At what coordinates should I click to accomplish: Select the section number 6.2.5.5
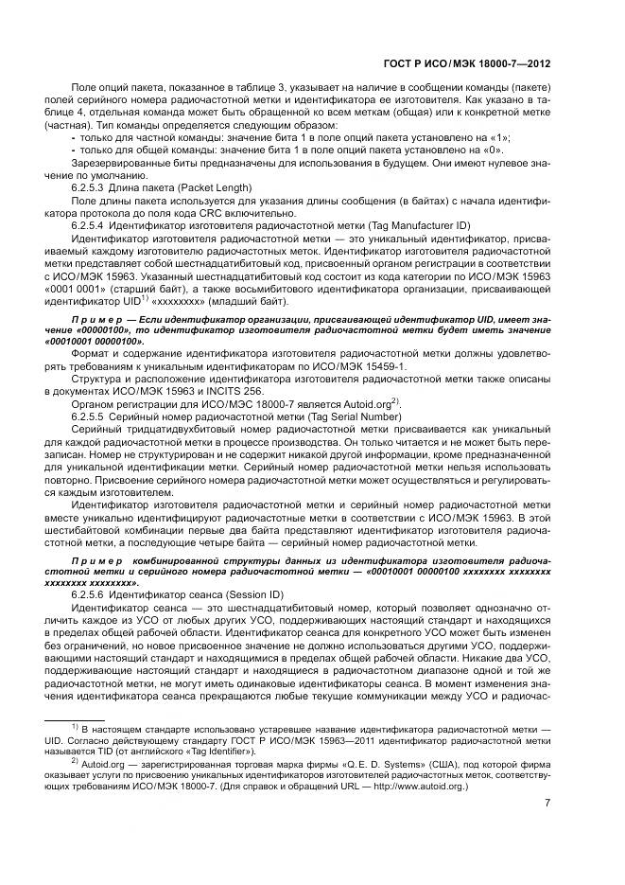(x=90, y=415)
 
